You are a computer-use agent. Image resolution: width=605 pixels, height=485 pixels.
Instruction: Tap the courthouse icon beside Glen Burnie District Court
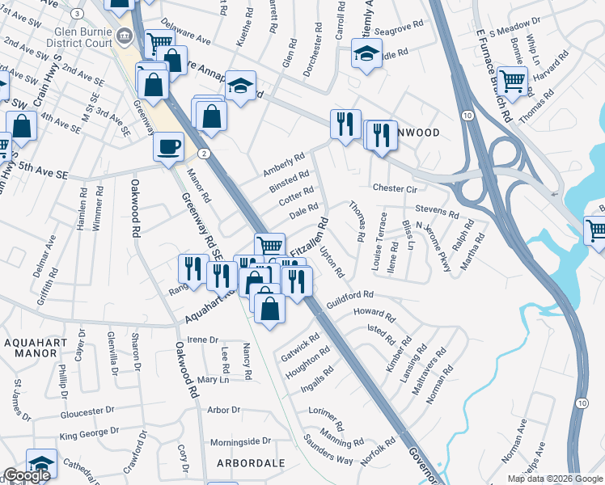point(125,36)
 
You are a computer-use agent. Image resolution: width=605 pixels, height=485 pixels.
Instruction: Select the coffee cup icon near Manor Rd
point(169,146)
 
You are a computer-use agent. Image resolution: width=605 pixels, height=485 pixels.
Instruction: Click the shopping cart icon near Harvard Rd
point(512,79)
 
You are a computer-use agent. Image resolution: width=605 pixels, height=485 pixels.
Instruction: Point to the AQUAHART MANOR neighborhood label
point(41,350)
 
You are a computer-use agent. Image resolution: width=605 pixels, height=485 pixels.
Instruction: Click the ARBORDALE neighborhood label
point(251,463)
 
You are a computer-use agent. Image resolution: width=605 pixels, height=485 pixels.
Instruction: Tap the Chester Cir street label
point(394,188)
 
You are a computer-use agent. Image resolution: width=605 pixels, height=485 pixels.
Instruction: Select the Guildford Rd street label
point(349,298)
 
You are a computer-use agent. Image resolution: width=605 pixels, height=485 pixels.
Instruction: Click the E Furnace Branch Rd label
point(495,73)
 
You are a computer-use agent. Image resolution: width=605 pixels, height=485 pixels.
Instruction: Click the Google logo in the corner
point(27,476)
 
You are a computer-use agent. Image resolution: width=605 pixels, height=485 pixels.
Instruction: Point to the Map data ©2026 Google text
point(554,479)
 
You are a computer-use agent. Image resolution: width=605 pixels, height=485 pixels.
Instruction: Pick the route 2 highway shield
point(205,154)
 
